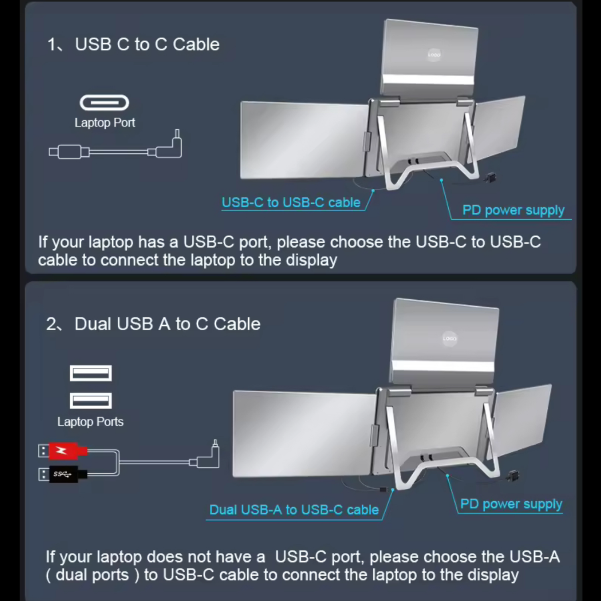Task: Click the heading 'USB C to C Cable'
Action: click(x=147, y=44)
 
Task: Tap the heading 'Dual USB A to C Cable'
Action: click(x=167, y=324)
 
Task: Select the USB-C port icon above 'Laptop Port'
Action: click(x=104, y=103)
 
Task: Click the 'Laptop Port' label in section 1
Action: click(x=105, y=123)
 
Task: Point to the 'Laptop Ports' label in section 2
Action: click(x=90, y=422)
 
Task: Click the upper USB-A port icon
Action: click(x=91, y=373)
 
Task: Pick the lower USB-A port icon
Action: click(x=91, y=401)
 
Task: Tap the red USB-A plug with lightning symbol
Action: click(x=64, y=451)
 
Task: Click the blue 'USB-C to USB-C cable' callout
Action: click(x=291, y=203)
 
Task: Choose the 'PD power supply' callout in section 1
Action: click(x=513, y=210)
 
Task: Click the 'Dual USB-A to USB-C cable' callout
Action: click(x=294, y=510)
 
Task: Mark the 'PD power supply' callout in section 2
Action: click(x=511, y=504)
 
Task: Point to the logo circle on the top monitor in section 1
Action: click(x=434, y=55)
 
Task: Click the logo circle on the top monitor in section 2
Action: click(x=450, y=339)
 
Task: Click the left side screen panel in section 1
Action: click(x=303, y=140)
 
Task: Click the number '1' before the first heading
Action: click(x=51, y=44)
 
